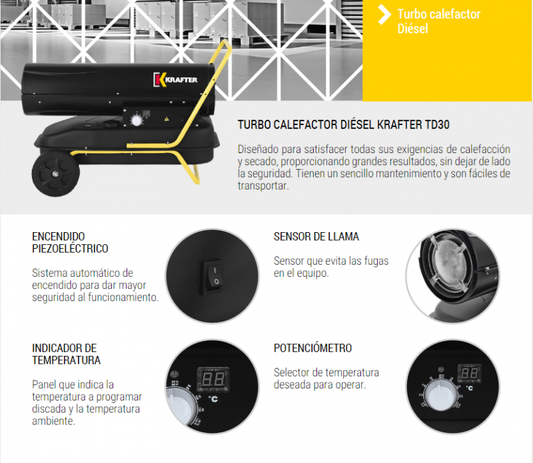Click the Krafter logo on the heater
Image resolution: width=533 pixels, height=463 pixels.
tap(175, 80)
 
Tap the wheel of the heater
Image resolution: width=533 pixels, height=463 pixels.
tap(55, 174)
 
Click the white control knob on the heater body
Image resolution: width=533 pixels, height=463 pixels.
tap(137, 120)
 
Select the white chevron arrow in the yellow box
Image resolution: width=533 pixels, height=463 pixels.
tap(384, 14)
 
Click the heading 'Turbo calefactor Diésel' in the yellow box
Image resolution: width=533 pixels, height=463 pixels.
tap(438, 21)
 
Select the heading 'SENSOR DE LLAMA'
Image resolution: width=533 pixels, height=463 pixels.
tap(316, 236)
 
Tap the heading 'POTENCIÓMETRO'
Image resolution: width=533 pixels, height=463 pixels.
tap(312, 348)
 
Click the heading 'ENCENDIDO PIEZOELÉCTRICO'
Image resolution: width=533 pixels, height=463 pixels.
tap(70, 242)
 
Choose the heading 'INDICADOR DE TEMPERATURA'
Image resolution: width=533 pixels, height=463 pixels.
tap(66, 354)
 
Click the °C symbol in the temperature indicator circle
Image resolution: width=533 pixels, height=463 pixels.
tap(213, 399)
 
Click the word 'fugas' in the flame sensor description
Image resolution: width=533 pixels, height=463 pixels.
tap(376, 261)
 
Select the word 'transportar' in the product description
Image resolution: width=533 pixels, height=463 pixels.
tap(263, 186)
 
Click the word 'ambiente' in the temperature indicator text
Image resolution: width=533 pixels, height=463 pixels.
tap(53, 421)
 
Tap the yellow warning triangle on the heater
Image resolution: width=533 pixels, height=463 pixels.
tap(167, 119)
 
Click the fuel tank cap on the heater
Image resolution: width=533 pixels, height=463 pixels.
tap(111, 124)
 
